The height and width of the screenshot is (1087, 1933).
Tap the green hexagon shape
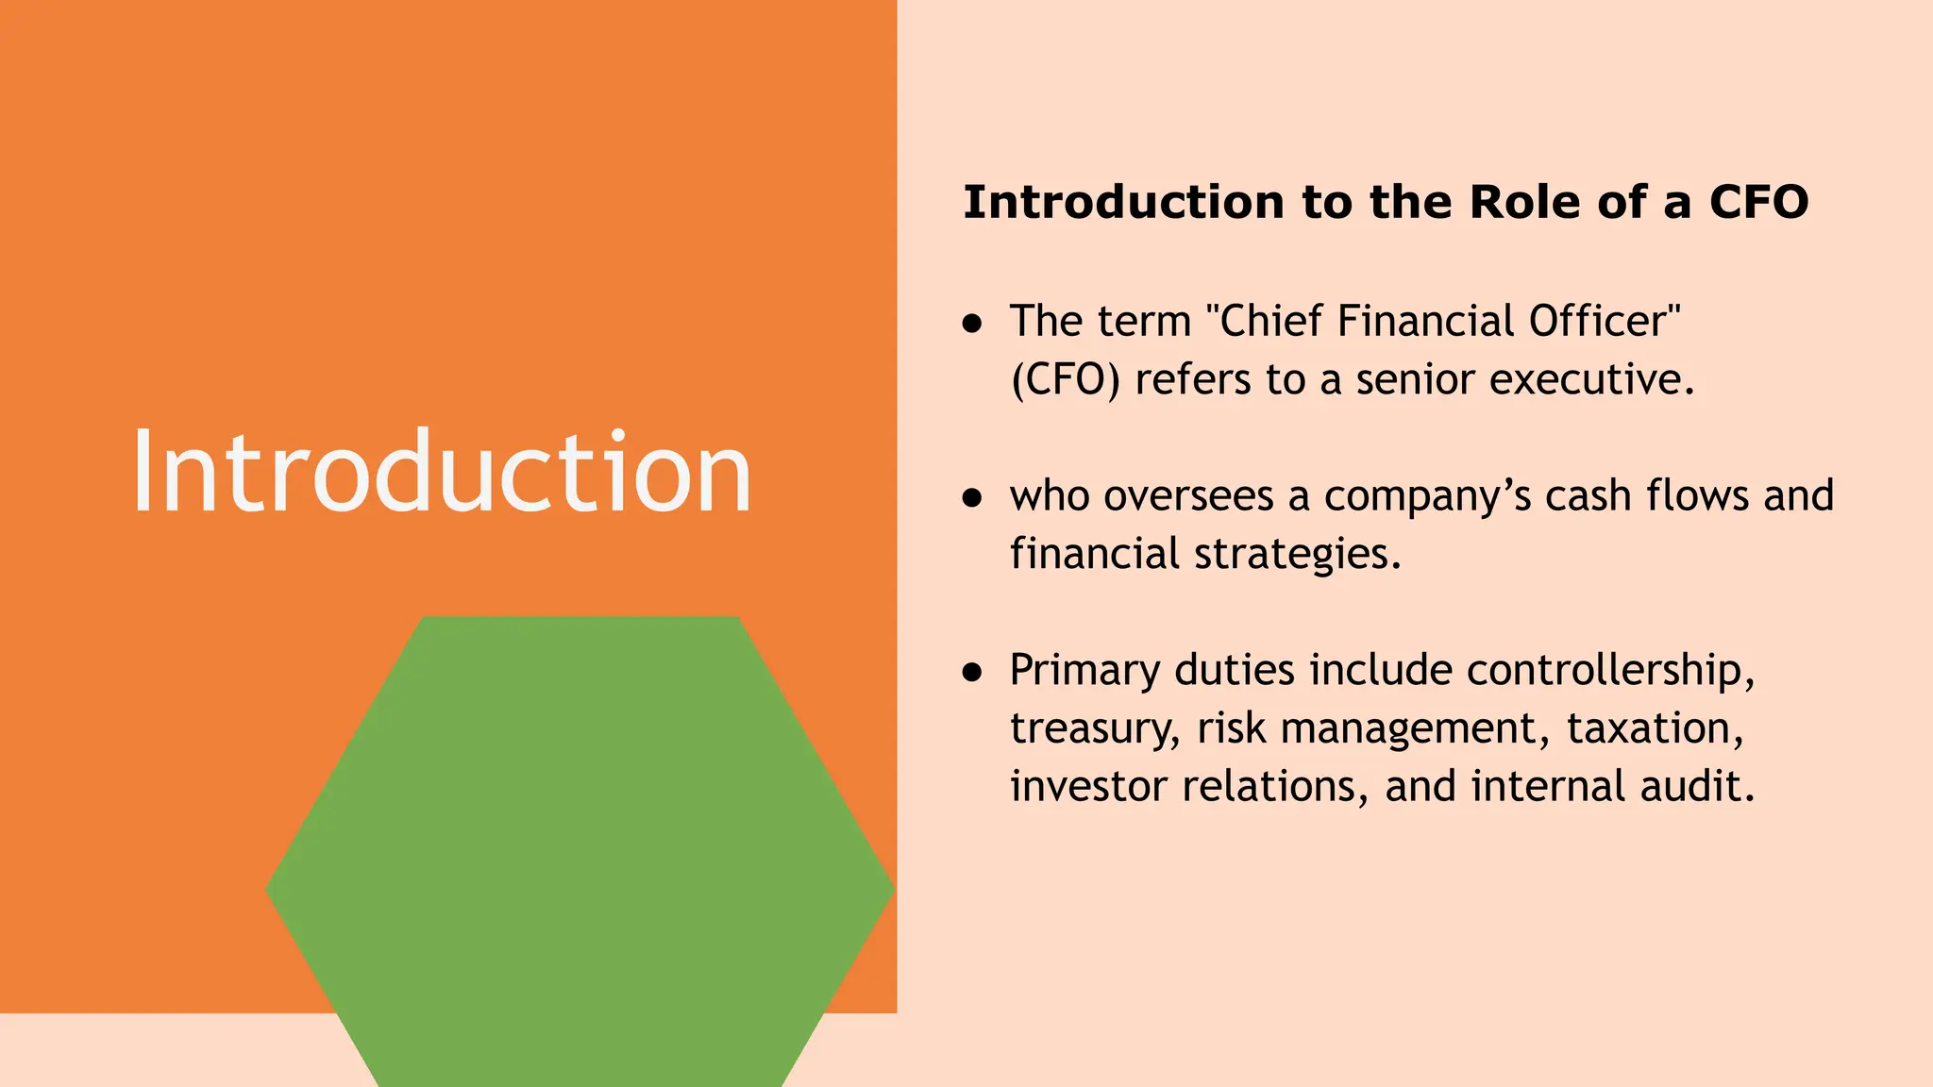tap(580, 849)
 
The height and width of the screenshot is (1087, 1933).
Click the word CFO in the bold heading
tap(1758, 203)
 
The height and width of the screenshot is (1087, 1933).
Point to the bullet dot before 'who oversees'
tap(972, 498)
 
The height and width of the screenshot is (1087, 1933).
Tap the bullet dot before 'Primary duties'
tap(972, 672)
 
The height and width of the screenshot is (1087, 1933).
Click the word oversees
tap(1188, 496)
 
